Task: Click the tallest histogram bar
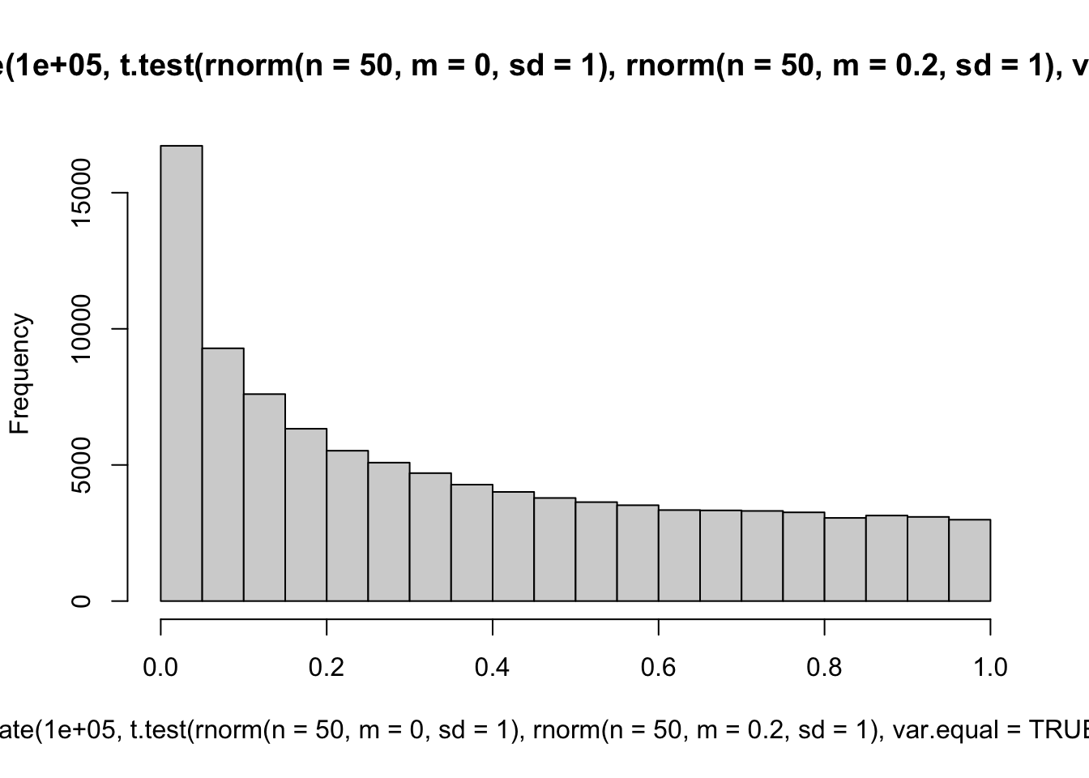181,373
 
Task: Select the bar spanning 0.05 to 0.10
223,474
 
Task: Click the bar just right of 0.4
513,546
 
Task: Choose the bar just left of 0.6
638,553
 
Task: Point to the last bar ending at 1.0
969,560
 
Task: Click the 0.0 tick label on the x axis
160,667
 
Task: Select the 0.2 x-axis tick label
327,667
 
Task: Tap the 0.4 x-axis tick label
493,667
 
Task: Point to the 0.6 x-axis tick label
659,667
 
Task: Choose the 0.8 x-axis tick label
824,667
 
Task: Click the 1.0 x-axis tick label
990,667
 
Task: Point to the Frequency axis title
19,374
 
